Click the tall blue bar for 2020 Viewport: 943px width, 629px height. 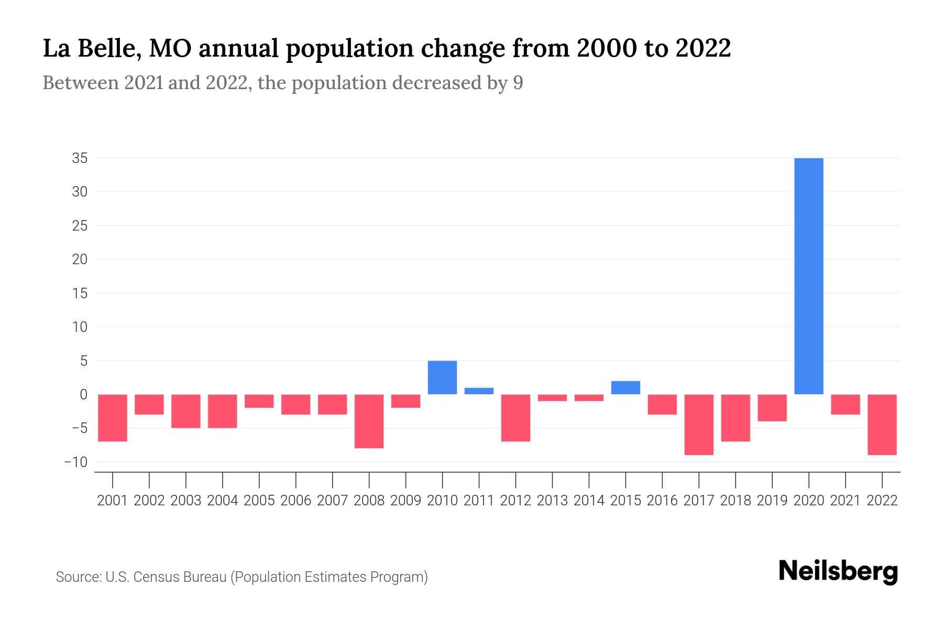[809, 276]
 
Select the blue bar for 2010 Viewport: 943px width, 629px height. [442, 377]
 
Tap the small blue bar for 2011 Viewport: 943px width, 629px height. [479, 391]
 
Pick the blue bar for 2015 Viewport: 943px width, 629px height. [626, 388]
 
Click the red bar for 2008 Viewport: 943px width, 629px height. [369, 421]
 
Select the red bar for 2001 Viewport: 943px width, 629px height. [113, 418]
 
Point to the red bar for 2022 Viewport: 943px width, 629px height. [882, 425]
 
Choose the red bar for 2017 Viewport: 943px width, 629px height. [699, 425]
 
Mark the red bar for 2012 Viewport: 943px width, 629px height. [516, 418]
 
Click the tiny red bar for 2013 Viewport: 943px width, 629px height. [552, 398]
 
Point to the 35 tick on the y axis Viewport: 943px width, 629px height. [80, 158]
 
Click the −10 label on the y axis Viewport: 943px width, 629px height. [76, 462]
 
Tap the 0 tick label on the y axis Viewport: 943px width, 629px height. [83, 395]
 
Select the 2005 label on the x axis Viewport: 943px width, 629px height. [259, 501]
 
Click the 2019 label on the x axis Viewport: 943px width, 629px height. [772, 501]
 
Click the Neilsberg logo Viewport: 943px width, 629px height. [838, 571]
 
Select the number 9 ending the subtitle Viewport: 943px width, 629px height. [518, 83]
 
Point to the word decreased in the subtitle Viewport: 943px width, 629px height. [436, 83]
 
